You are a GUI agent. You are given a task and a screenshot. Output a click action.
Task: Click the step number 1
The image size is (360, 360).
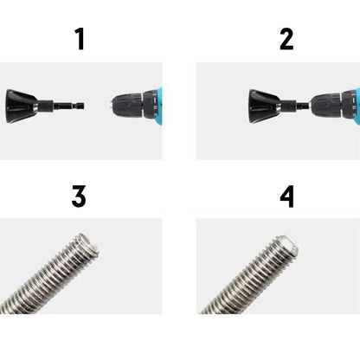point(80,39)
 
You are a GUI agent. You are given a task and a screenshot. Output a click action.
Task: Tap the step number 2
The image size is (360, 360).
point(286,39)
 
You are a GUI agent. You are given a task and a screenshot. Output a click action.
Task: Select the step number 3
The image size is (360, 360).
point(79,196)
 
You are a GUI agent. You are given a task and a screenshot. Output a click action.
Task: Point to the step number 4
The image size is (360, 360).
point(287,196)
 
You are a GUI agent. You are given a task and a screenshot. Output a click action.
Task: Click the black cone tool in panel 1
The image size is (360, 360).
point(21,106)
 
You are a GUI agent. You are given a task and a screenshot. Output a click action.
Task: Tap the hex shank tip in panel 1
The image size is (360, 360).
point(81,106)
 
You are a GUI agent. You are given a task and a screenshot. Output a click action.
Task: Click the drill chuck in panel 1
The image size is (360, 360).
point(127,106)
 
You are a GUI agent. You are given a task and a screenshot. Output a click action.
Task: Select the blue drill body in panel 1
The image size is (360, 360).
point(159,106)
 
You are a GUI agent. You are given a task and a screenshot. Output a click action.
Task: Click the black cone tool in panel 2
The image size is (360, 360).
point(264,106)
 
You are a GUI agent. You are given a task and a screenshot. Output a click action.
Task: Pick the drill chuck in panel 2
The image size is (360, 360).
point(326,106)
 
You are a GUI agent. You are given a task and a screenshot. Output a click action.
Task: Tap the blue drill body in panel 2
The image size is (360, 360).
point(357,106)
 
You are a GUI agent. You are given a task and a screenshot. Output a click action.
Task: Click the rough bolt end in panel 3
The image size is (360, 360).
point(87,244)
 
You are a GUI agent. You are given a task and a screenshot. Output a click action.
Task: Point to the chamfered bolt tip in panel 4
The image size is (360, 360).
point(286,245)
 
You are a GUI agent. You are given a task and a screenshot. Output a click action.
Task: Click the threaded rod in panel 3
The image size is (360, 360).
point(49,273)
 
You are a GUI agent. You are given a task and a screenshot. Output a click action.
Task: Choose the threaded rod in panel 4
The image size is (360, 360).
point(249,275)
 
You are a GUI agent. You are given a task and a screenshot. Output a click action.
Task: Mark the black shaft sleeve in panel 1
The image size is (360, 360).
point(46,106)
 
